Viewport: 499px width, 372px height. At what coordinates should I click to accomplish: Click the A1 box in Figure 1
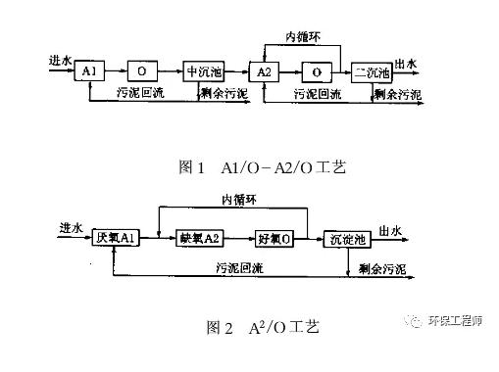89,70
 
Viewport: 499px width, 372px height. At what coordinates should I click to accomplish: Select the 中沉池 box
204,71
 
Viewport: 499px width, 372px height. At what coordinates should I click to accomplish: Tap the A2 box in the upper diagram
264,71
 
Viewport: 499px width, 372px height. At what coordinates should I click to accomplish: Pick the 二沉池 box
372,72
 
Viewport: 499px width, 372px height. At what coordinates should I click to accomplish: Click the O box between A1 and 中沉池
142,70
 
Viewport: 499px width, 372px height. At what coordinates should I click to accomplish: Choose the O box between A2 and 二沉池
317,72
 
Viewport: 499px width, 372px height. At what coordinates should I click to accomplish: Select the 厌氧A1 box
116,238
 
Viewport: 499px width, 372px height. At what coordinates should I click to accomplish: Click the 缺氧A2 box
200,238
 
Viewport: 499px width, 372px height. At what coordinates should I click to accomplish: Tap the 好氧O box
274,239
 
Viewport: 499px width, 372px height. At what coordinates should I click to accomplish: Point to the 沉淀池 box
347,240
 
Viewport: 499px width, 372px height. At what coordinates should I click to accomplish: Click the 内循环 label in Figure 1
303,37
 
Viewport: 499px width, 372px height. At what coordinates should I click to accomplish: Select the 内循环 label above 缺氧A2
239,200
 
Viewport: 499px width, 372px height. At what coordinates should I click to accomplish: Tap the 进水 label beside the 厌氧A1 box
71,228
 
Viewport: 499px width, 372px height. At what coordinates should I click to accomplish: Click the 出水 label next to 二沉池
406,64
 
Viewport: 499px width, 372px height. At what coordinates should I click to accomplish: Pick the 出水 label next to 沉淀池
390,231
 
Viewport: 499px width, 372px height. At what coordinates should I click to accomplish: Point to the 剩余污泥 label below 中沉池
225,94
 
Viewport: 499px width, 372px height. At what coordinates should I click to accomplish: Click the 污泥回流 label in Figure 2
239,268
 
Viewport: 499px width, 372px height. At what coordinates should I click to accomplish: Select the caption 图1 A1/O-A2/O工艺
263,167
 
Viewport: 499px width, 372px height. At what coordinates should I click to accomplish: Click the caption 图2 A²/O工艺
263,327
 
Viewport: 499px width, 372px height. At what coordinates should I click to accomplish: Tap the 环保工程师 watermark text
455,321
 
